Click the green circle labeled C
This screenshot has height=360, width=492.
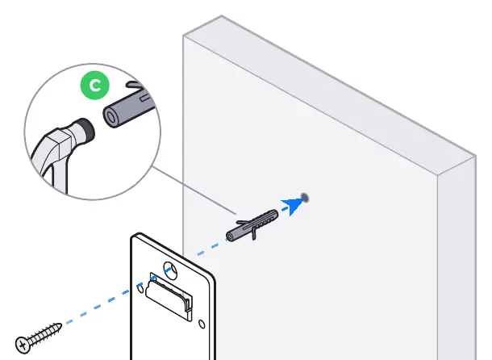(94, 85)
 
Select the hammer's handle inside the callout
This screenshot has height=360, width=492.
(53, 170)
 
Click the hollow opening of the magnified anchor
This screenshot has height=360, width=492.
(110, 117)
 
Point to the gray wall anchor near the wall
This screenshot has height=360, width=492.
(252, 225)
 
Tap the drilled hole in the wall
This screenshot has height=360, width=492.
(304, 198)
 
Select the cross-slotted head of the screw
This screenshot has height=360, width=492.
(23, 345)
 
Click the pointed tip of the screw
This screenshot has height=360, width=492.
(60, 325)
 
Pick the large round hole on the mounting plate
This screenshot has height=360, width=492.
(171, 270)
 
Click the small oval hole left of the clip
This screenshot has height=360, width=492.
(140, 288)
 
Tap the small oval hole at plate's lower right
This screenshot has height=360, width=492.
(202, 324)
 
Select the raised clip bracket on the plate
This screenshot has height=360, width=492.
(169, 297)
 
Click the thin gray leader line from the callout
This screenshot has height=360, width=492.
(194, 190)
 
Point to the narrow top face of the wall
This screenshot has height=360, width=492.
(329, 94)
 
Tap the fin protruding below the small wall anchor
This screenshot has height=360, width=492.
(254, 233)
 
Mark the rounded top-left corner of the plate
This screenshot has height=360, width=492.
(135, 237)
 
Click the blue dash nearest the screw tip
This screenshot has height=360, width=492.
(69, 321)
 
